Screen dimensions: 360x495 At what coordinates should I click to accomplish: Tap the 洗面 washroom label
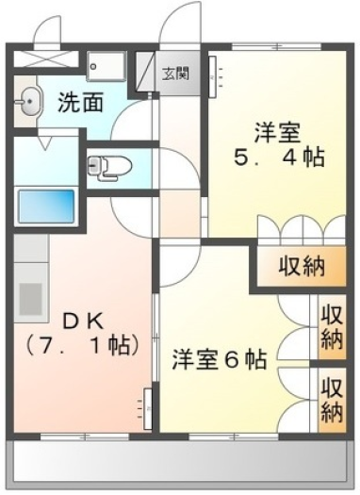tap(81, 102)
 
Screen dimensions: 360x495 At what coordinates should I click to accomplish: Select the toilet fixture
tap(110, 166)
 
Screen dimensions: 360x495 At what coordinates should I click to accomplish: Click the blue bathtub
tap(46, 206)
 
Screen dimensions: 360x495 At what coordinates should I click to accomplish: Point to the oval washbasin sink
tap(27, 101)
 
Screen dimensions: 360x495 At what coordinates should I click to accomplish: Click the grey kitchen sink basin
tap(30, 299)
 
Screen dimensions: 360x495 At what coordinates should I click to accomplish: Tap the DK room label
tap(83, 322)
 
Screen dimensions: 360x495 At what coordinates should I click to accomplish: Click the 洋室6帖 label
tap(220, 359)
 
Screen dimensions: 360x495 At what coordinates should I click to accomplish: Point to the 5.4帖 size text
tap(279, 157)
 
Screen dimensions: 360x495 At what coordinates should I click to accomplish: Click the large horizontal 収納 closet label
tap(301, 267)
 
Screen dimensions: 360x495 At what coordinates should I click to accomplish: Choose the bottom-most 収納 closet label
tap(332, 400)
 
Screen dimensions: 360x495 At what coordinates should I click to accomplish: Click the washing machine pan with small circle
tap(106, 66)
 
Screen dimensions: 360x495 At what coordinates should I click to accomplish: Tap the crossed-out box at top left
tap(46, 58)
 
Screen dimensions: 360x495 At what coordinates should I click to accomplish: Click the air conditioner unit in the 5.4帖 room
tap(213, 77)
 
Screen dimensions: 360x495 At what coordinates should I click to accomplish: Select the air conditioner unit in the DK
tap(148, 408)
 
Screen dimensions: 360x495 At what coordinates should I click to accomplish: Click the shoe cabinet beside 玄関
tap(146, 71)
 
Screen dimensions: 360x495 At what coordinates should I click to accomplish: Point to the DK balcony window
tap(85, 437)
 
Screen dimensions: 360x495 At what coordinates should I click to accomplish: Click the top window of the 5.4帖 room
tap(277, 47)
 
